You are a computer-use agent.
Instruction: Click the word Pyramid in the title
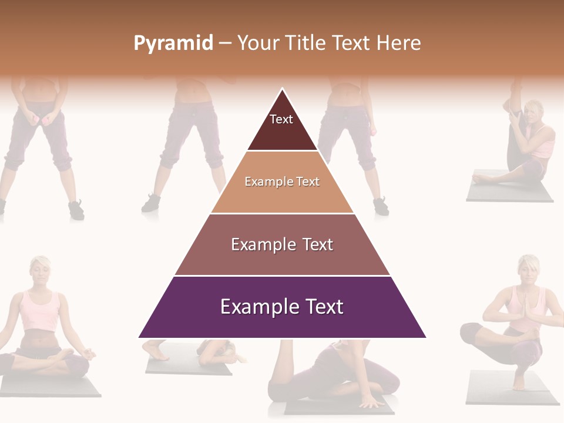point(173,43)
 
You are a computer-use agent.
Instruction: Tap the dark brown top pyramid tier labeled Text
point(282,126)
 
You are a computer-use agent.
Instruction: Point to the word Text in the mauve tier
point(316,244)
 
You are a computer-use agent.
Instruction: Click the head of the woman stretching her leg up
point(534,112)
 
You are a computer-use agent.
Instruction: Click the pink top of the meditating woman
point(40,311)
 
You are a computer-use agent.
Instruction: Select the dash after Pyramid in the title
point(225,43)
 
